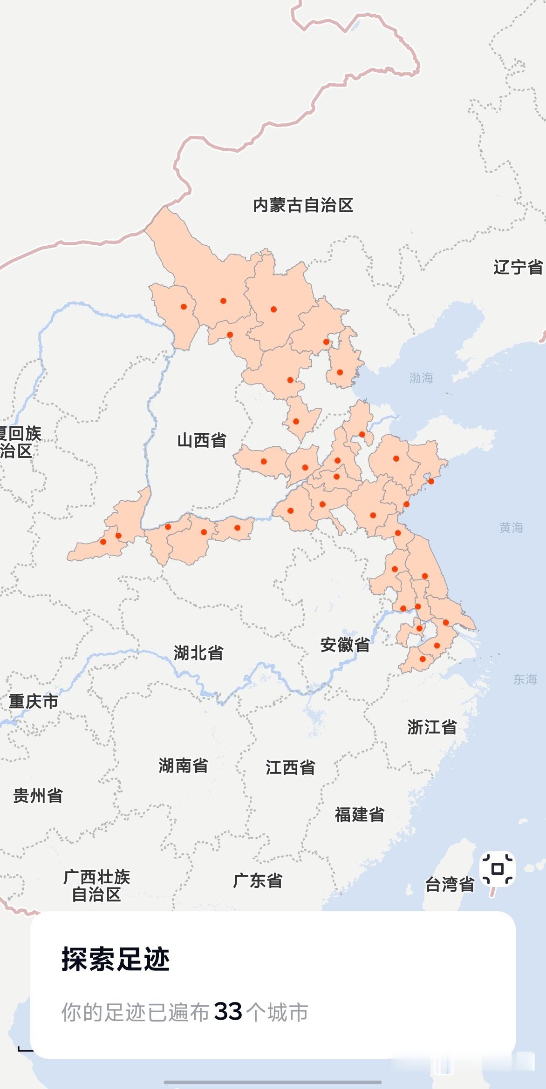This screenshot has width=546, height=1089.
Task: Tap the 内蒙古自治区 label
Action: point(303,205)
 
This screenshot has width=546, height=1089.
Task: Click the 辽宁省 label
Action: point(518,267)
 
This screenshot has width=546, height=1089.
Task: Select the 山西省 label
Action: point(202,440)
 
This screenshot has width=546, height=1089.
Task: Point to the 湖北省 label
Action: point(198,653)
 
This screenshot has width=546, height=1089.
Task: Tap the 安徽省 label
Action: point(345,645)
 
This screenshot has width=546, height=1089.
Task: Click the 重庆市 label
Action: point(34,701)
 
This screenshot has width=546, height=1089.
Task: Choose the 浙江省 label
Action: point(432,727)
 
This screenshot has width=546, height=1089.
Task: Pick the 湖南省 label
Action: point(183,766)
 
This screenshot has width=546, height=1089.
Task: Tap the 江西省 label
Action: point(290,767)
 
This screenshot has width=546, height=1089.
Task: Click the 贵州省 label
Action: point(38,796)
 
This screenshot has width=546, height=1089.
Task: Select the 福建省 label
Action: point(360,814)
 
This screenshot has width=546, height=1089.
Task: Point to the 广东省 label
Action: point(258,881)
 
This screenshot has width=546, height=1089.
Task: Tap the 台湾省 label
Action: point(450,884)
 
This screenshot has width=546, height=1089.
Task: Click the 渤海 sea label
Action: point(421,378)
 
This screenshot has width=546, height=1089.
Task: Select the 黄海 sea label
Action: point(511,527)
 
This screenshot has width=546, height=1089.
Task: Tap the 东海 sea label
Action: point(525,679)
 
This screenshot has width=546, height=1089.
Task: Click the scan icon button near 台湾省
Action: point(497,869)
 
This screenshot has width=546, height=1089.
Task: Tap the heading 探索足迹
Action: point(116,959)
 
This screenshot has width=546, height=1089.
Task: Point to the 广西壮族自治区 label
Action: point(96,886)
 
